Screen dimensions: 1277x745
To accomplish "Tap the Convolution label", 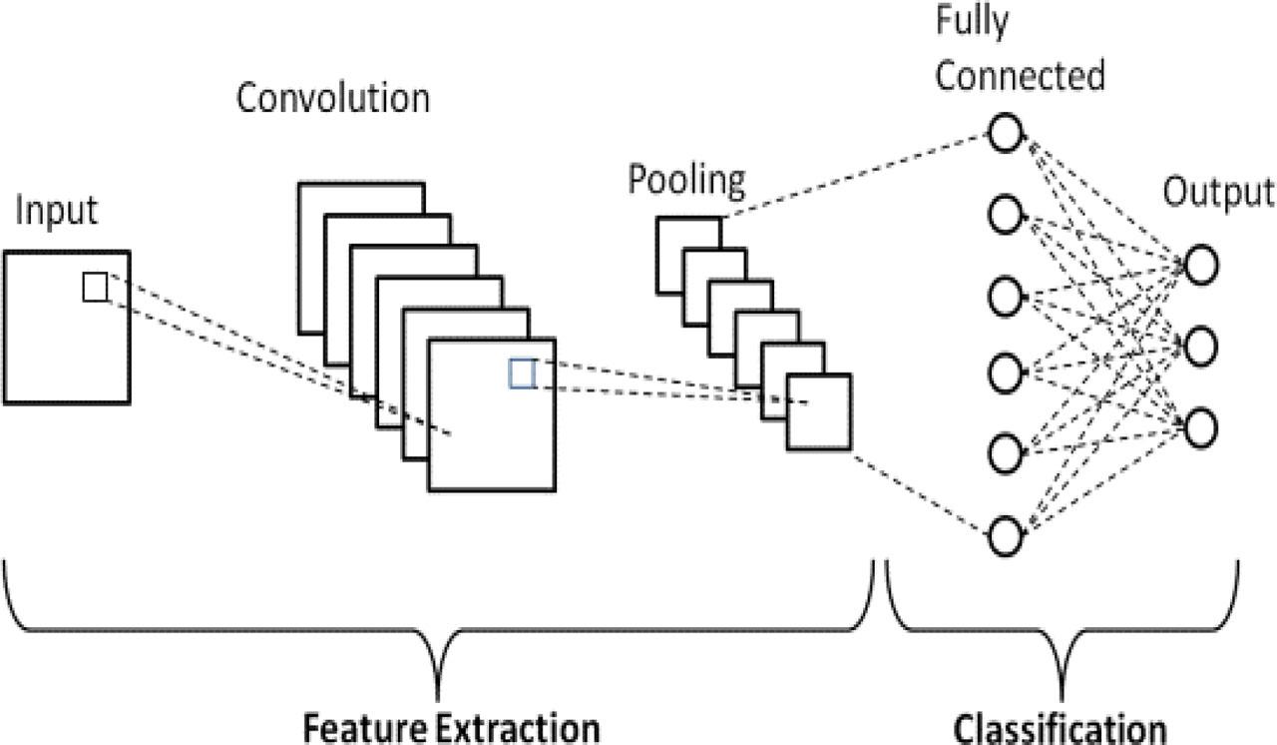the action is point(333,98).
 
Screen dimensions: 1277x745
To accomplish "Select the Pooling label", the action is point(686,182).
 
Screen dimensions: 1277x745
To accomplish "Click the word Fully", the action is point(972,23).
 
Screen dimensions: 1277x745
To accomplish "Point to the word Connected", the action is point(1020,75).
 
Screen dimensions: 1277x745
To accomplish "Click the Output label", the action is point(1218,193).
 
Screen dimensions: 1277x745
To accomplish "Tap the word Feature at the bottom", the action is point(365,728).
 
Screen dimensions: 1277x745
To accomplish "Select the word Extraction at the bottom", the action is point(518,728).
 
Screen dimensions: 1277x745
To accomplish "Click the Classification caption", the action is point(1060,729).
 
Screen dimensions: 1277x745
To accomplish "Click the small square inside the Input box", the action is point(95,287).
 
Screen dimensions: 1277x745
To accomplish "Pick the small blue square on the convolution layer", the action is point(522,374).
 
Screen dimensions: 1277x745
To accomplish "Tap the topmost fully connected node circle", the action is point(1005,133).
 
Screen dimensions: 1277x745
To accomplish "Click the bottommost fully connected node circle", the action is point(1005,535).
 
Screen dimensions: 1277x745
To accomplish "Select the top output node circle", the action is point(1201,265).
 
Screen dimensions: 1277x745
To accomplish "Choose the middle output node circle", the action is point(1201,347).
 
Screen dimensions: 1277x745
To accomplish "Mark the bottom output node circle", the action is point(1201,427).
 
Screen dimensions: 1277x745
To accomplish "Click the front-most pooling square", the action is point(819,411).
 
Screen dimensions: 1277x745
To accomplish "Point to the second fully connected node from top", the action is point(1005,215).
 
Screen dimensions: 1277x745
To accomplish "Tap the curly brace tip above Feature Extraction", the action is point(438,699).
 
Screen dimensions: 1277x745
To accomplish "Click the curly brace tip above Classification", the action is point(1062,699).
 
